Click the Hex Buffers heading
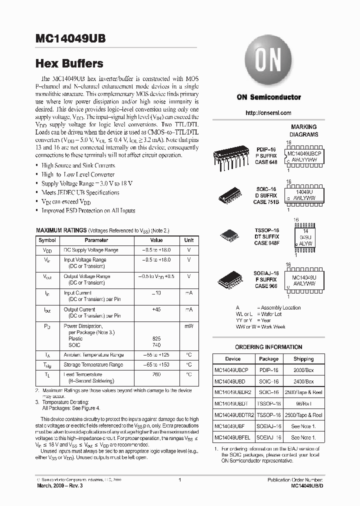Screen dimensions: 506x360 [x=69, y=63]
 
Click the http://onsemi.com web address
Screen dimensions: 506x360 [x=268, y=113]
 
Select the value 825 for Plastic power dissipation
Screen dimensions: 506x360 [x=156, y=338]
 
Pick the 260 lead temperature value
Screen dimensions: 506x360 [x=156, y=374]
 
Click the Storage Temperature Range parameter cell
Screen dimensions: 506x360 [x=93, y=364]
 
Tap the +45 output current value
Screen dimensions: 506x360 [x=156, y=309]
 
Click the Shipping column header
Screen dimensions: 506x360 [x=303, y=358]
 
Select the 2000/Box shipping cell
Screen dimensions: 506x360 [x=303, y=369]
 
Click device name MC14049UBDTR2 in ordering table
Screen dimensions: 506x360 [x=234, y=415]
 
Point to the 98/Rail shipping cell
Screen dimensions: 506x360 [x=303, y=403]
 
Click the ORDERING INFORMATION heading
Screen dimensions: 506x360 [x=268, y=347]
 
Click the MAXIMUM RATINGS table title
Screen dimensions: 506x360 [x=61, y=230]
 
